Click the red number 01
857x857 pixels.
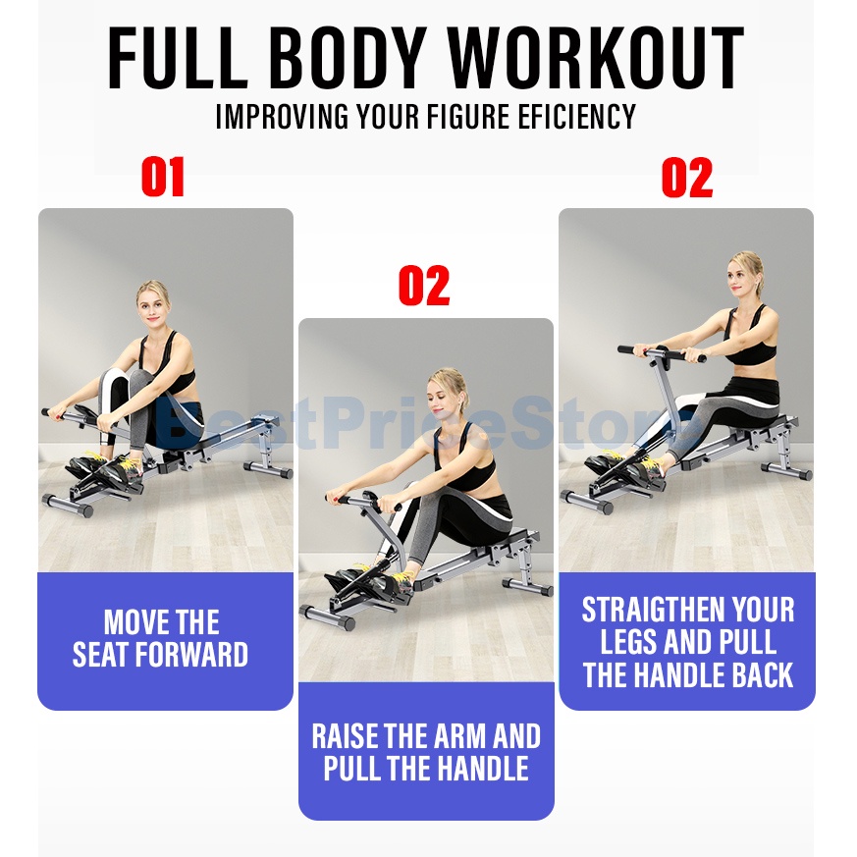(163, 178)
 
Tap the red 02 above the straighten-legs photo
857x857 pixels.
(686, 178)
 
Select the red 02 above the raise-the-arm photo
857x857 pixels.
(424, 286)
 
